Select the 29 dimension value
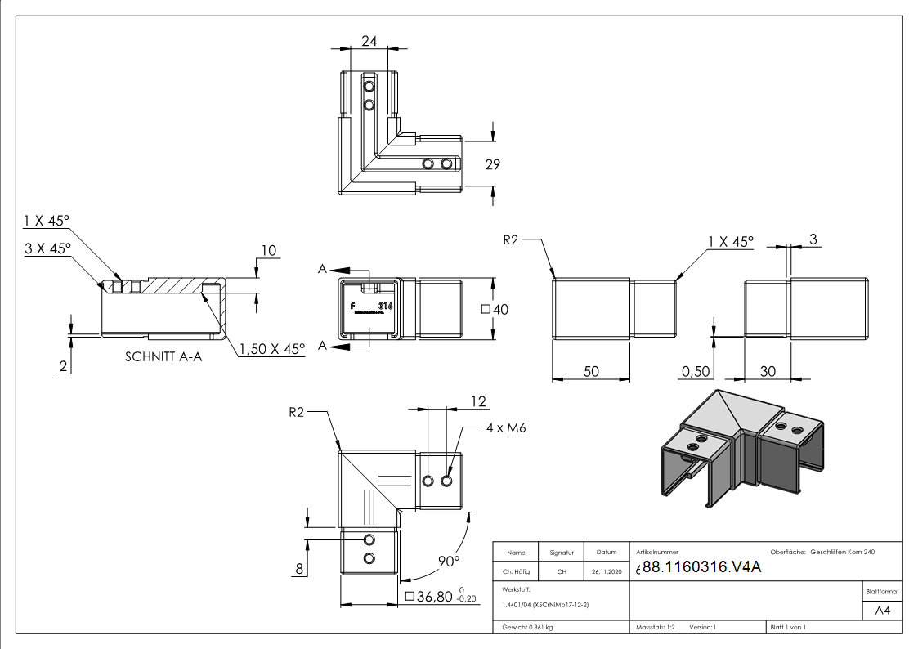point(491,164)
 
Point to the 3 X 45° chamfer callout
point(47,247)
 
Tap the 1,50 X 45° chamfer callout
point(272,349)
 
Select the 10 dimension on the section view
point(269,249)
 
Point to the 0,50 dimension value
point(695,372)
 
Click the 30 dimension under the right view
point(768,371)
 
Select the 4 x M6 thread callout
point(505,427)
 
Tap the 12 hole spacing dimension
point(479,401)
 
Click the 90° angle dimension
point(447,562)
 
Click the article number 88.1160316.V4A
point(701,568)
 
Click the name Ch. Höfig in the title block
point(517,571)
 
